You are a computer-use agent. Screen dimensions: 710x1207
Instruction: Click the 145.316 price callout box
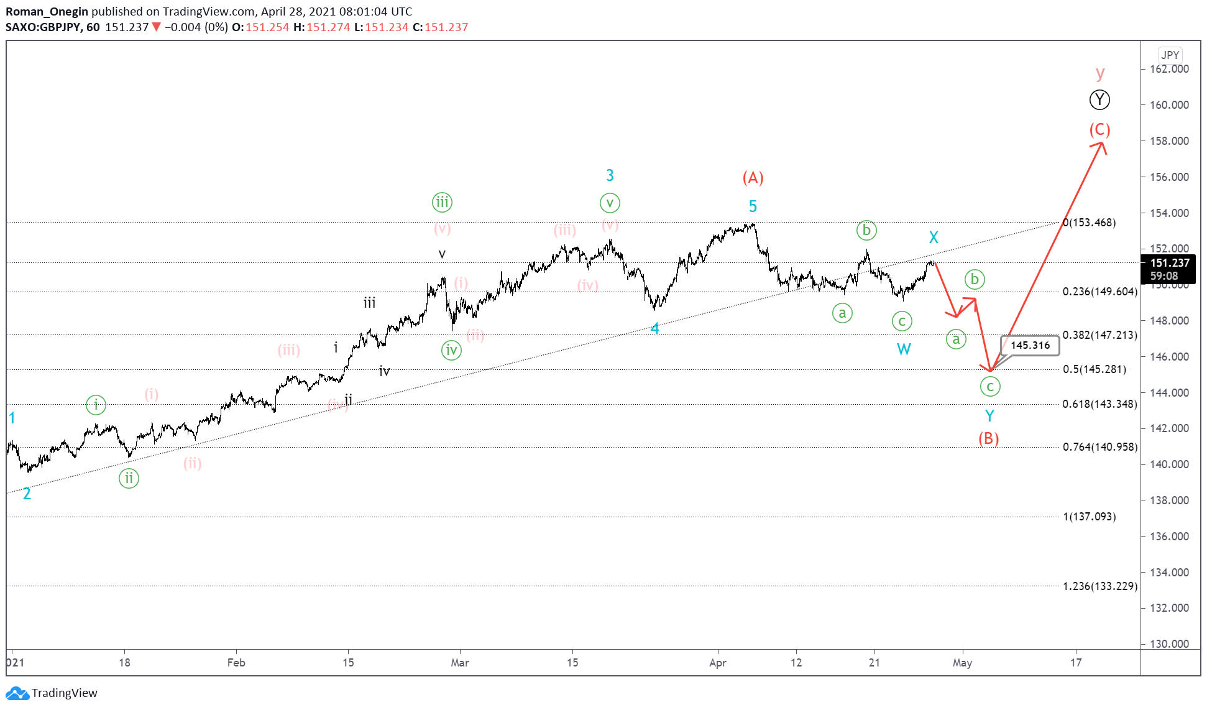(x=1030, y=345)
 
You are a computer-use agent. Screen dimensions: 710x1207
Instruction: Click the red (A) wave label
(x=753, y=178)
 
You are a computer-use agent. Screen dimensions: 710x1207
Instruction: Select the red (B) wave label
(x=988, y=438)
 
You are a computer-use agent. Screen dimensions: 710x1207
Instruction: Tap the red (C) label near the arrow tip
(x=1099, y=129)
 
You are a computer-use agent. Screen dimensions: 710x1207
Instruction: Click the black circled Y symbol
(x=1099, y=99)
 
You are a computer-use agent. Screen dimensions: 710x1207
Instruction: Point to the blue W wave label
(x=904, y=349)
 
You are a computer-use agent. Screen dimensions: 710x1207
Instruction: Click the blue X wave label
(x=934, y=237)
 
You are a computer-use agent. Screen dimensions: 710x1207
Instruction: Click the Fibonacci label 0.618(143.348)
(x=1099, y=404)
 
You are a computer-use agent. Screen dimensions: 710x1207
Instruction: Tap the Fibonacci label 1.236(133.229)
(x=1099, y=586)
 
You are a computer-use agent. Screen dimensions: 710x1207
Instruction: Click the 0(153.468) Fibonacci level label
(x=1090, y=223)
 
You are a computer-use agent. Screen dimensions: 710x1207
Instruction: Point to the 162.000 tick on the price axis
(x=1168, y=69)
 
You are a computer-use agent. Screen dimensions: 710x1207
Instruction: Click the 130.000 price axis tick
(x=1168, y=644)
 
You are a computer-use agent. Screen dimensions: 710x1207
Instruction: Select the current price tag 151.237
(x=1169, y=263)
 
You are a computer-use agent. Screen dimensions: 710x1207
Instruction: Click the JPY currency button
(x=1170, y=55)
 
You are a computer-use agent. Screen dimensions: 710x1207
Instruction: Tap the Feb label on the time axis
(x=236, y=663)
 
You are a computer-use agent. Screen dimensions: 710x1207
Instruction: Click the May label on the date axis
(x=962, y=663)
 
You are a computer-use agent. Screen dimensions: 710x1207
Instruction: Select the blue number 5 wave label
(x=753, y=206)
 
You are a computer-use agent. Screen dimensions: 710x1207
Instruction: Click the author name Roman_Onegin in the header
(x=47, y=11)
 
